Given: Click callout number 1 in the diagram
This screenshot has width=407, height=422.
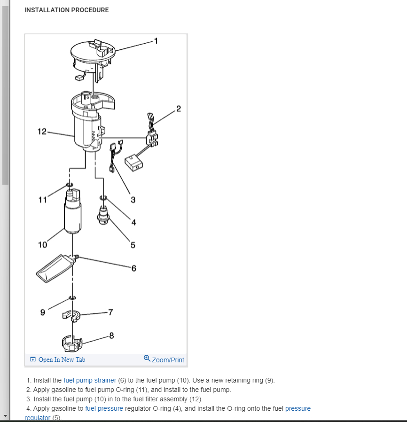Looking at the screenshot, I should [x=157, y=40].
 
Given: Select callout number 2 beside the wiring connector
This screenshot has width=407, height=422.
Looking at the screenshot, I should [x=178, y=110].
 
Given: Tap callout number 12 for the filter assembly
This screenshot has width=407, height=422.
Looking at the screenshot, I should [x=42, y=132].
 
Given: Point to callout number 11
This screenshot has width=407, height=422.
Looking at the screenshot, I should [x=42, y=199].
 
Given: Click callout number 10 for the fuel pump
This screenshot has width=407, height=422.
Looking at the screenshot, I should [x=43, y=244].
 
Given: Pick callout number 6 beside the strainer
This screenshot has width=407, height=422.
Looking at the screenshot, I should [x=133, y=268].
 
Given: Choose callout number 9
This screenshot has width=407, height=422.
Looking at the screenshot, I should [x=43, y=312].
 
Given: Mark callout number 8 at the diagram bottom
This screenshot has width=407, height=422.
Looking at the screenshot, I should [x=111, y=336].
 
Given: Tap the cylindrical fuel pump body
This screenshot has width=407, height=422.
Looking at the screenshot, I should [x=72, y=214].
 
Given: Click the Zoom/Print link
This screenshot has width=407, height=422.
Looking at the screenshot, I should [x=168, y=359].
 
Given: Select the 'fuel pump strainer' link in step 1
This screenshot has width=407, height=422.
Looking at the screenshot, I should [x=90, y=380].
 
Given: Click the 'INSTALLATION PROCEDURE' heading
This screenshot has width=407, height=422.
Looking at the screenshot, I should [x=66, y=10].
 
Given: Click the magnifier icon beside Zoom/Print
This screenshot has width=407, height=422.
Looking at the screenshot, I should [x=147, y=359].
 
